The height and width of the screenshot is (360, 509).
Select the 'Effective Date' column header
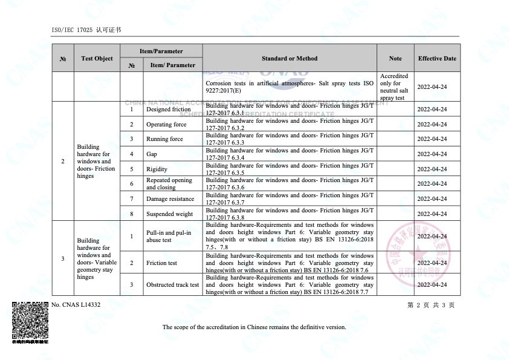(x=437, y=59)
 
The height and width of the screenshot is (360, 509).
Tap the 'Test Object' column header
(x=97, y=59)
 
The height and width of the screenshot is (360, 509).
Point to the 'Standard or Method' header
(x=290, y=59)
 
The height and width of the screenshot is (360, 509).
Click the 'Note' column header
(x=395, y=59)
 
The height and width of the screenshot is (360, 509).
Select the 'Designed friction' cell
(x=168, y=110)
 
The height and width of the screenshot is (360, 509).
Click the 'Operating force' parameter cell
(x=166, y=125)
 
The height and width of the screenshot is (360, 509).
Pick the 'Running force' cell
(x=164, y=139)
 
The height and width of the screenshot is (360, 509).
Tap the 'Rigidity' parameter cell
(x=157, y=169)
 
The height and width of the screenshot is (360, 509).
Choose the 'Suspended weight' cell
(x=169, y=214)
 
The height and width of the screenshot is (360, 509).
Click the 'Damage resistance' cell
(x=170, y=199)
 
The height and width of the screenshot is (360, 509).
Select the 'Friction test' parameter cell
(x=161, y=263)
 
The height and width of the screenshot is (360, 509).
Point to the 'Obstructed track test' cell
(x=172, y=285)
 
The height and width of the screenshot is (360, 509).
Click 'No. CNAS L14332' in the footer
(x=76, y=305)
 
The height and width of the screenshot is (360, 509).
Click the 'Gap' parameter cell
(x=152, y=154)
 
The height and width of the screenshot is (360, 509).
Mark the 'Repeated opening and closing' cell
(x=169, y=184)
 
